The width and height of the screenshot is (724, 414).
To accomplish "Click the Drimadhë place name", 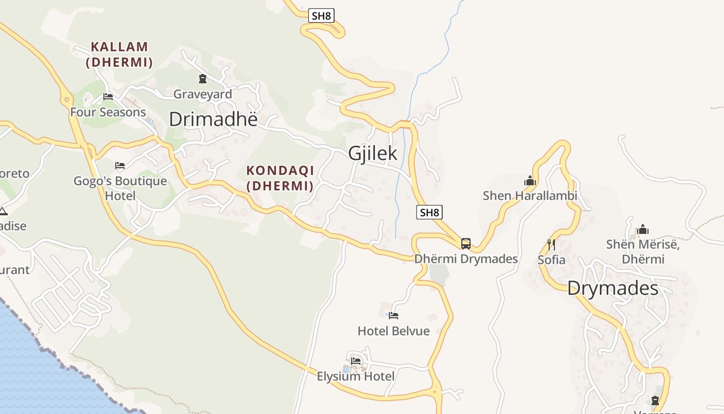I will [x=213, y=120].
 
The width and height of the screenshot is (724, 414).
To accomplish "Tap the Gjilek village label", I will [x=372, y=153].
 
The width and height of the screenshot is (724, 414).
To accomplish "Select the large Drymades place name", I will [x=613, y=288].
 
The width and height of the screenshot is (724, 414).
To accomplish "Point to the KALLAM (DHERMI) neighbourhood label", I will [x=119, y=54].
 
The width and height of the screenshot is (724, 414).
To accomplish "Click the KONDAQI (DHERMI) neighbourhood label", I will [x=280, y=178].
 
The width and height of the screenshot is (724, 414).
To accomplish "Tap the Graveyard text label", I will [x=203, y=94].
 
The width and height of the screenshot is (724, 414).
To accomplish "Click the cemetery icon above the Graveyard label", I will [x=203, y=79].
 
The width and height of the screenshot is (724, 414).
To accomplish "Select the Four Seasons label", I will [x=108, y=112].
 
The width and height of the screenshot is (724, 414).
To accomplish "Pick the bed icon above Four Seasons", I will [x=108, y=96].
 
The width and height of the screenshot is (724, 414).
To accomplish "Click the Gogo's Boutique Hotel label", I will [x=120, y=188].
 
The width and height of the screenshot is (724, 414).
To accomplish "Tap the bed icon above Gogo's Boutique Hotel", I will [x=120, y=166].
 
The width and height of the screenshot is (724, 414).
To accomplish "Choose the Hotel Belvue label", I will [x=394, y=331].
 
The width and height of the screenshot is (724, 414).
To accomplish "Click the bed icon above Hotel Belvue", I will [x=394, y=315].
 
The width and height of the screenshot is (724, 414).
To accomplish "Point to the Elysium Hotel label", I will [x=356, y=376].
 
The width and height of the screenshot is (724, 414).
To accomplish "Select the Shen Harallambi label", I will [x=530, y=196].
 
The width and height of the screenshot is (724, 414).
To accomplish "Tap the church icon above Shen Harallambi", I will [x=530, y=181].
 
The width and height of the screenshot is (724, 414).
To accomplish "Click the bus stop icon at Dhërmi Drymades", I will [x=466, y=243].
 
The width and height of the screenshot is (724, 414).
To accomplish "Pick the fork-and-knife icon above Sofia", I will [x=551, y=244].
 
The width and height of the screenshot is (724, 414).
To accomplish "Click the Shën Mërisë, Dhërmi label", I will [x=643, y=251].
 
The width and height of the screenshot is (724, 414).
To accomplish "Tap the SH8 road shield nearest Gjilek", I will [x=429, y=212].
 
